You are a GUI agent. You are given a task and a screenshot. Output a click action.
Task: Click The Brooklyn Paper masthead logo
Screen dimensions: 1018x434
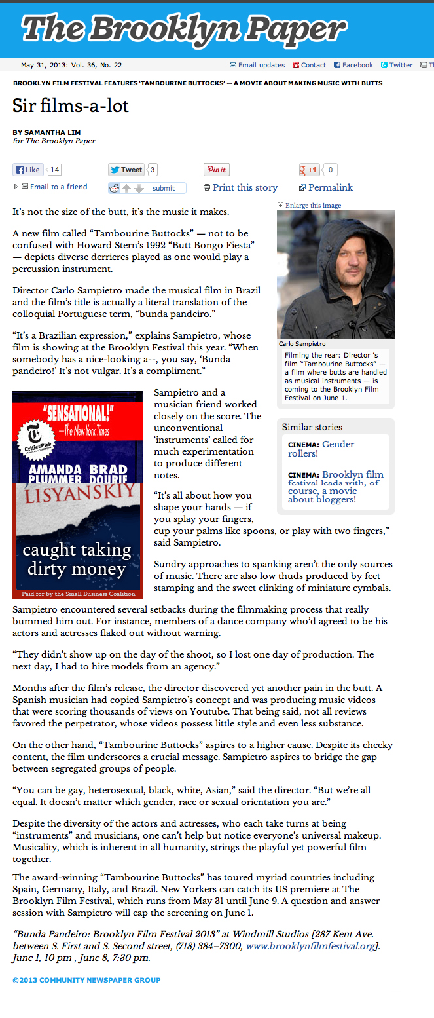[184, 29]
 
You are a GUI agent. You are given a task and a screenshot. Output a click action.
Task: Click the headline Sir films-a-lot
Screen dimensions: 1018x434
[71, 105]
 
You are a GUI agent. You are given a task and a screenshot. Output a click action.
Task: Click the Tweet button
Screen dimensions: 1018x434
[126, 170]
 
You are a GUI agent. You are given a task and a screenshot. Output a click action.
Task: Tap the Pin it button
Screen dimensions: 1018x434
[216, 170]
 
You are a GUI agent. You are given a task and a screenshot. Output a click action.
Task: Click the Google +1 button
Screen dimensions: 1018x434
[309, 170]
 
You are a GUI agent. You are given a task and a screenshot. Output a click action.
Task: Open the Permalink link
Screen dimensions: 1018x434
[330, 187]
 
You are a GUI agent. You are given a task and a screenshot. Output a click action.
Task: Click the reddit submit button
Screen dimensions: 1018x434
[163, 188]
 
